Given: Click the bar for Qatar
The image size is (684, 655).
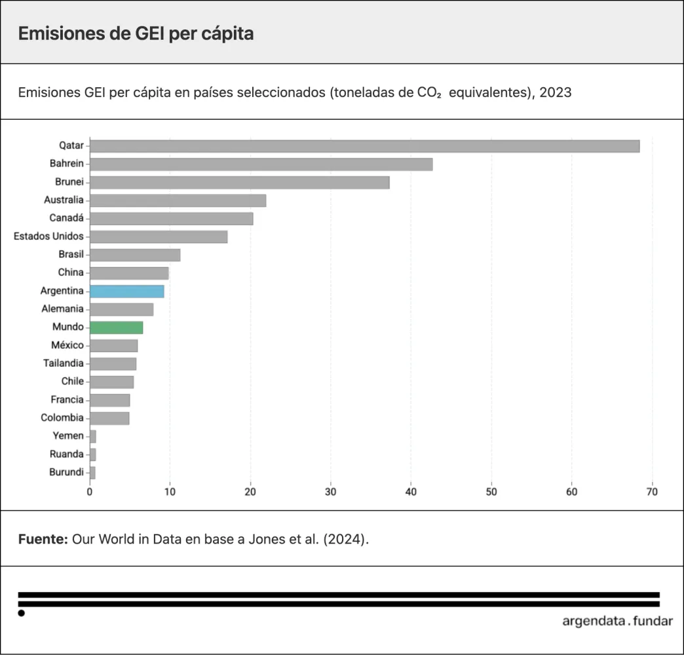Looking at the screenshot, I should pyautogui.click(x=364, y=146).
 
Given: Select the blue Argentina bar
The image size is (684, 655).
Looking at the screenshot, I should pyautogui.click(x=126, y=291).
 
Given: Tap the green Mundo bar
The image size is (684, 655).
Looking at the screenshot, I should pyautogui.click(x=116, y=327).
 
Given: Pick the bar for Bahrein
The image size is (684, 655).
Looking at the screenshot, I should pyautogui.click(x=261, y=164).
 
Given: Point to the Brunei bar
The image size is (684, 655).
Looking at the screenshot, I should pyautogui.click(x=239, y=182).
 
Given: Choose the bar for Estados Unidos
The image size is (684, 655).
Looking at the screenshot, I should pyautogui.click(x=159, y=236).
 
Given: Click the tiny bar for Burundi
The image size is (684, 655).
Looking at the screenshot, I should pyautogui.click(x=92, y=472).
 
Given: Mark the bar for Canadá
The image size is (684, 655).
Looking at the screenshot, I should pyautogui.click(x=171, y=218).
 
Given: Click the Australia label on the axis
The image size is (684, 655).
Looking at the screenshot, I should pyautogui.click(x=64, y=200).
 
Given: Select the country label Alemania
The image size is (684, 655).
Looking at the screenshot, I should pyautogui.click(x=62, y=309).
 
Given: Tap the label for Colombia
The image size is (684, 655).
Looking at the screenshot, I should pyautogui.click(x=62, y=418).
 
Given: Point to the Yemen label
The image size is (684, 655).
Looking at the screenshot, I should pyautogui.click(x=68, y=436).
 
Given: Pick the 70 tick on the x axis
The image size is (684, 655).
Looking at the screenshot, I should pyautogui.click(x=651, y=491).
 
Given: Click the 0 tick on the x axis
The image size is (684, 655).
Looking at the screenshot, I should pyautogui.click(x=90, y=491).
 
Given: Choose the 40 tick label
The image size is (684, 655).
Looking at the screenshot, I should pyautogui.click(x=411, y=491).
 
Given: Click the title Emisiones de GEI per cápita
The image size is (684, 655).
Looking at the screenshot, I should pyautogui.click(x=136, y=33).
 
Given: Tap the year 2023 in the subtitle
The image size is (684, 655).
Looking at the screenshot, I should pyautogui.click(x=556, y=92).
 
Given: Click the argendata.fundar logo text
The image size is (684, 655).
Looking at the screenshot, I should pyautogui.click(x=617, y=621).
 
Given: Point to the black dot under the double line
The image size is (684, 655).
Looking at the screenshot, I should pyautogui.click(x=22, y=613).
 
